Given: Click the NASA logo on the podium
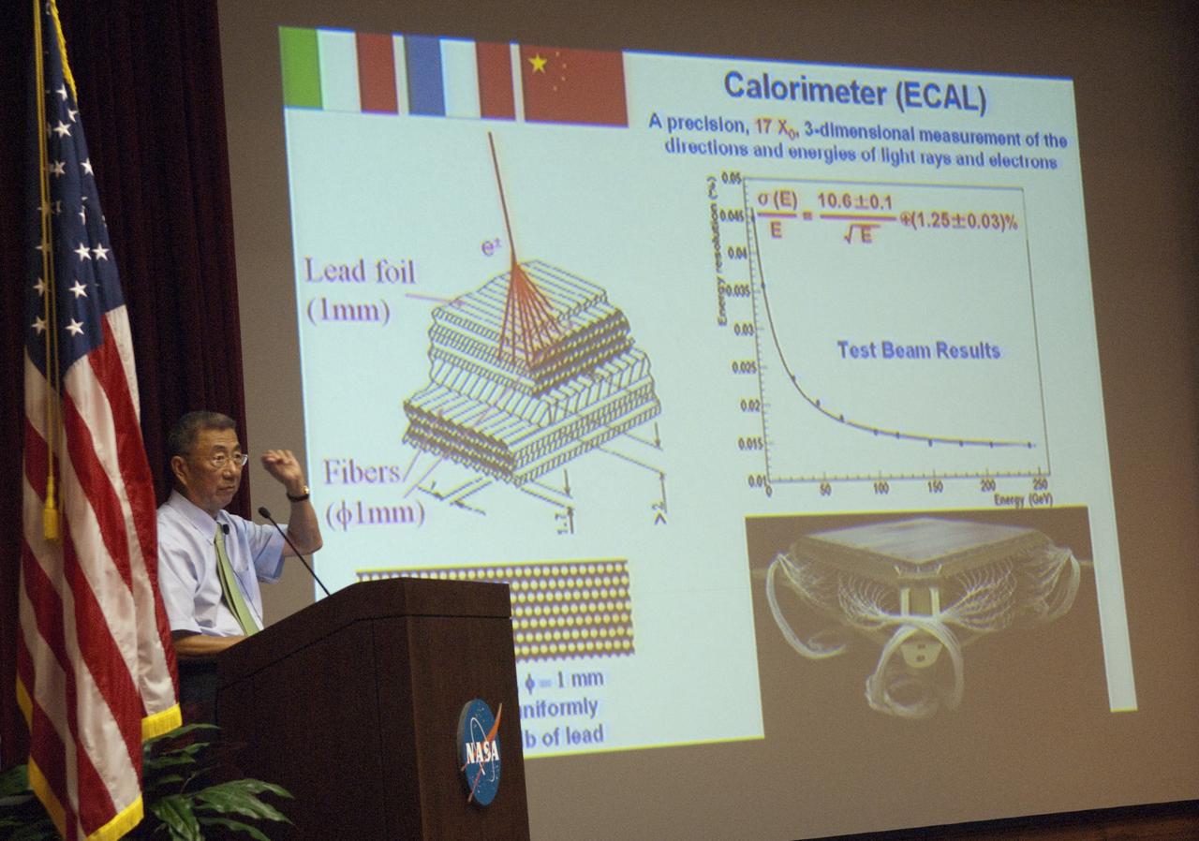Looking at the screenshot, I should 479,750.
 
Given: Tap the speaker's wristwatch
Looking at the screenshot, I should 298,493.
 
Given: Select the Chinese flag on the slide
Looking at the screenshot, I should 573,84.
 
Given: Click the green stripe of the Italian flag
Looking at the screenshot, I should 300,67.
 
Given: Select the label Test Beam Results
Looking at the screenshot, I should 918,350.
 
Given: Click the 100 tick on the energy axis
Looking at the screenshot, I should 881,489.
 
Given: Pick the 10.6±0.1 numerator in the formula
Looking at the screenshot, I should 854,200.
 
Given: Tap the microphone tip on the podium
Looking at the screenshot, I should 263,512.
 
